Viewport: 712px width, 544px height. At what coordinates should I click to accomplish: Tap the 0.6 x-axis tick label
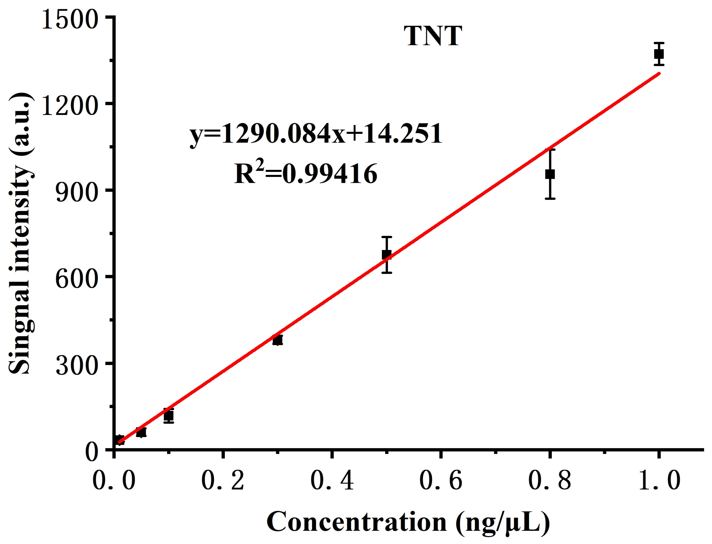pos(440,481)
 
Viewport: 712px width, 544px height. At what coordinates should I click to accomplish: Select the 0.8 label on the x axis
pos(550,481)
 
